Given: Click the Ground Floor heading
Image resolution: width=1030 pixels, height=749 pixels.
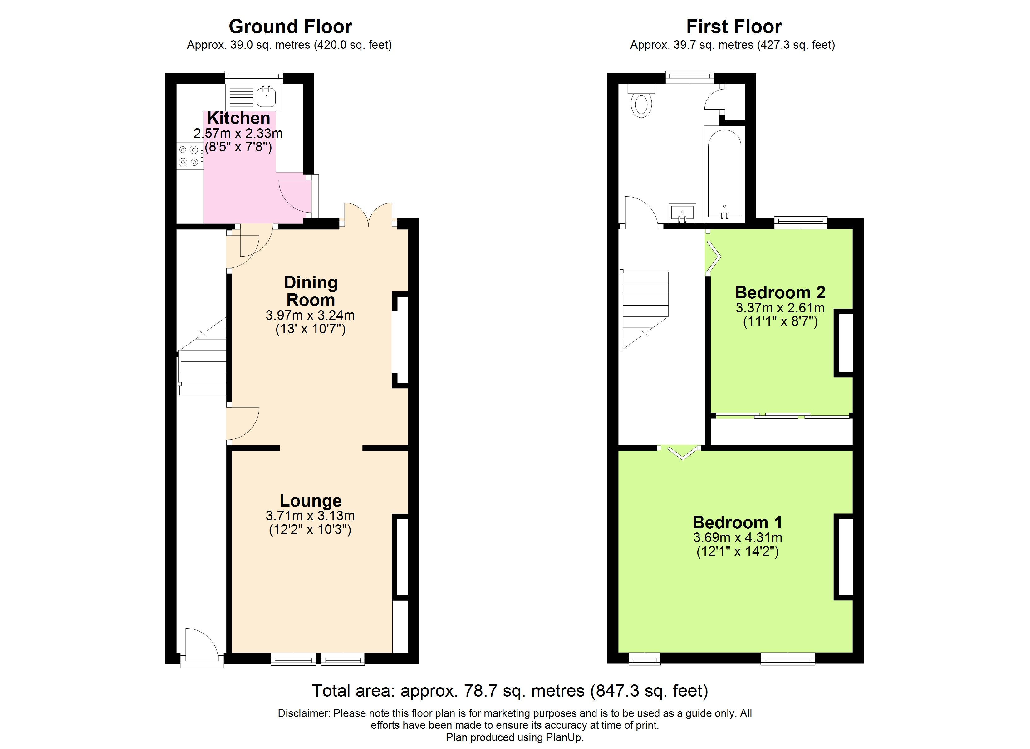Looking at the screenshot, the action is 290,26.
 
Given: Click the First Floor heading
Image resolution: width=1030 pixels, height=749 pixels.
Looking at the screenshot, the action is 734,26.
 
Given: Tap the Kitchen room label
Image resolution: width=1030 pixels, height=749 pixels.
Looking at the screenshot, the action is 238,118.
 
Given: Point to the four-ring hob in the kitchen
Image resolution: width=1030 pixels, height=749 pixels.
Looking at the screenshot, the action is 189,155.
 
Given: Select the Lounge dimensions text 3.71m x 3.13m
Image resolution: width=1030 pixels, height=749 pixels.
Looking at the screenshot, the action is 310,516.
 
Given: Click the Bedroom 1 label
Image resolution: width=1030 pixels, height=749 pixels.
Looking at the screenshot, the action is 738,522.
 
